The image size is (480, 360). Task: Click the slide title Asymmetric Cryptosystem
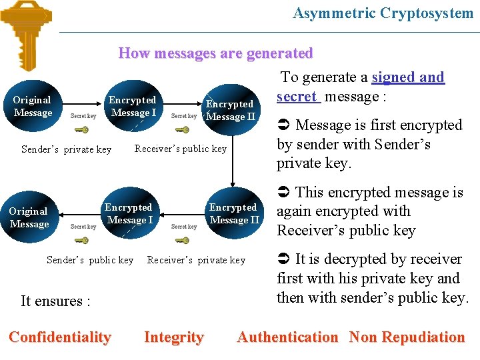[383, 13]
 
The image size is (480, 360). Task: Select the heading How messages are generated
[215, 53]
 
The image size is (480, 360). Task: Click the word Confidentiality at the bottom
[59, 337]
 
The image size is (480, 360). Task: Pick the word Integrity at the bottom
[173, 337]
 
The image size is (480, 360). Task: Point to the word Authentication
[287, 337]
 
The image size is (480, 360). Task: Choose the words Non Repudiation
[407, 337]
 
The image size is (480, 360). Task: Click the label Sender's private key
[66, 149]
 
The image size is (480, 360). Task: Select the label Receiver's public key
[181, 149]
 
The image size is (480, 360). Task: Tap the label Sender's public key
[89, 260]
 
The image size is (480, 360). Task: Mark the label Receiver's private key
[196, 260]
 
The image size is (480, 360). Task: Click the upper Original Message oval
[33, 107]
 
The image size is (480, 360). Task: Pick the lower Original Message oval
[29, 218]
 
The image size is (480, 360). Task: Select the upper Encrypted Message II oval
[231, 110]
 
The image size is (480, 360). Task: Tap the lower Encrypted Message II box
[234, 213]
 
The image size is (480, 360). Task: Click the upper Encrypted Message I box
[133, 107]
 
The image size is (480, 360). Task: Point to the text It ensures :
[55, 301]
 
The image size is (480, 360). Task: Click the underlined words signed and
[408, 77]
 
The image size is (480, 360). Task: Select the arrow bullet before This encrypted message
[283, 193]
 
